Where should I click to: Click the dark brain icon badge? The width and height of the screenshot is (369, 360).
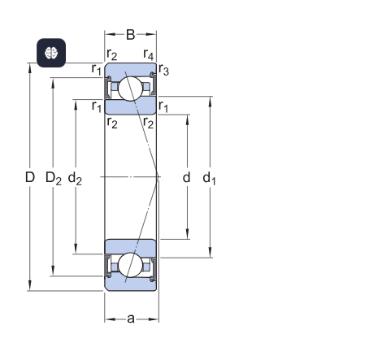pyautogui.click(x=51, y=53)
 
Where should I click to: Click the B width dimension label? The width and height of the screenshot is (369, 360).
pyautogui.click(x=131, y=35)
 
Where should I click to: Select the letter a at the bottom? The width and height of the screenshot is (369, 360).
pyautogui.click(x=131, y=319)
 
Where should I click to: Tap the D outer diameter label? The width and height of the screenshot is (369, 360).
pyautogui.click(x=30, y=177)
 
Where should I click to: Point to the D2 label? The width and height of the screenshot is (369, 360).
pyautogui.click(x=54, y=178)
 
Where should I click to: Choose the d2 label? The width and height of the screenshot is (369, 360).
pyautogui.click(x=75, y=178)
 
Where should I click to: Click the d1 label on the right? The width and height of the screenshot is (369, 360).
pyautogui.click(x=209, y=178)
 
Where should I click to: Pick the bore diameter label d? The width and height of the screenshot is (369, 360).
pyautogui.click(x=186, y=177)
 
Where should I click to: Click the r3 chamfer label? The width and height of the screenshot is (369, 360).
pyautogui.click(x=163, y=70)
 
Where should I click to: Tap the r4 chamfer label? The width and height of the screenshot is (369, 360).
pyautogui.click(x=149, y=54)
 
